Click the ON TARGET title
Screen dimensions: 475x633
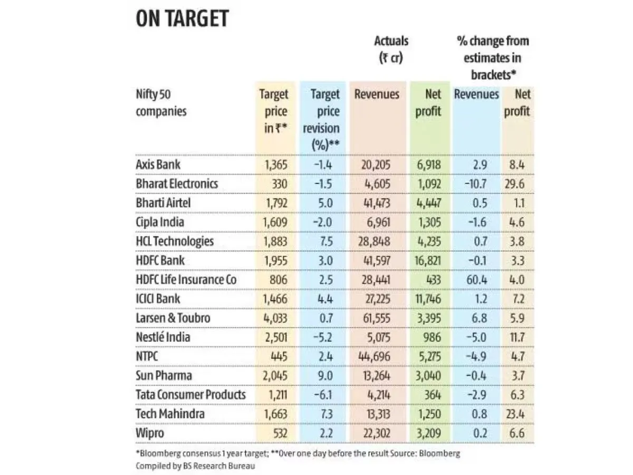(182, 19)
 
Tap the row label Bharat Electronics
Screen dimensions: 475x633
(176, 184)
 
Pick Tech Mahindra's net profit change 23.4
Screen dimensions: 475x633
(519, 414)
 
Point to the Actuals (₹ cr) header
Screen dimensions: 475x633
(391, 49)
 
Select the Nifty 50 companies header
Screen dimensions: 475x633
(161, 103)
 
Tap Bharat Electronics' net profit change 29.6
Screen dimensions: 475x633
(519, 184)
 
